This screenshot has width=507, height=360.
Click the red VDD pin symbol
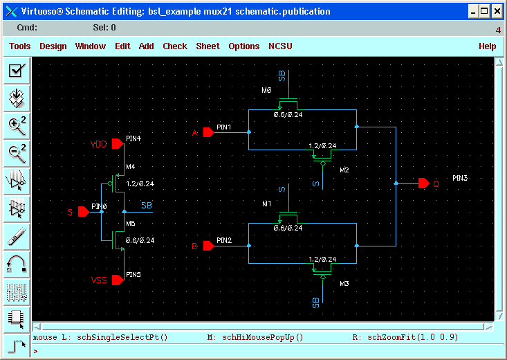[118, 144]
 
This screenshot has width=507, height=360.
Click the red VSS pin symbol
[118, 280]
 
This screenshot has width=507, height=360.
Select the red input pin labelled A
[209, 132]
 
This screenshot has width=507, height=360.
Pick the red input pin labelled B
[209, 246]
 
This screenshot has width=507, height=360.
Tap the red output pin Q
[423, 183]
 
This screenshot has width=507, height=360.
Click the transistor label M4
[131, 167]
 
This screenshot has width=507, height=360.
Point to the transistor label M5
[131, 224]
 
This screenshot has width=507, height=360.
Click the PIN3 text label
[460, 178]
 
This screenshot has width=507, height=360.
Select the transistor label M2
[344, 170]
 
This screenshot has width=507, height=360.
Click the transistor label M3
[344, 284]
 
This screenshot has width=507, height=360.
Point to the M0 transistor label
[266, 90]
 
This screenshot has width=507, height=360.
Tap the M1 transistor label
[267, 204]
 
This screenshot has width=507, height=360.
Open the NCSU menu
[280, 46]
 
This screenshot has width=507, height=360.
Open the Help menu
[487, 46]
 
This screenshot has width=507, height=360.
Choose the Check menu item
[175, 46]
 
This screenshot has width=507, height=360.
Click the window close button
[497, 12]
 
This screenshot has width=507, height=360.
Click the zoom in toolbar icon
[17, 125]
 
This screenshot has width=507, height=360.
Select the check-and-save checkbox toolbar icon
[17, 70]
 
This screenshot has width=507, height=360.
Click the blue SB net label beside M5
[147, 206]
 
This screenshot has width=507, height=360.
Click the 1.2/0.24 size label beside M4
[140, 184]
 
